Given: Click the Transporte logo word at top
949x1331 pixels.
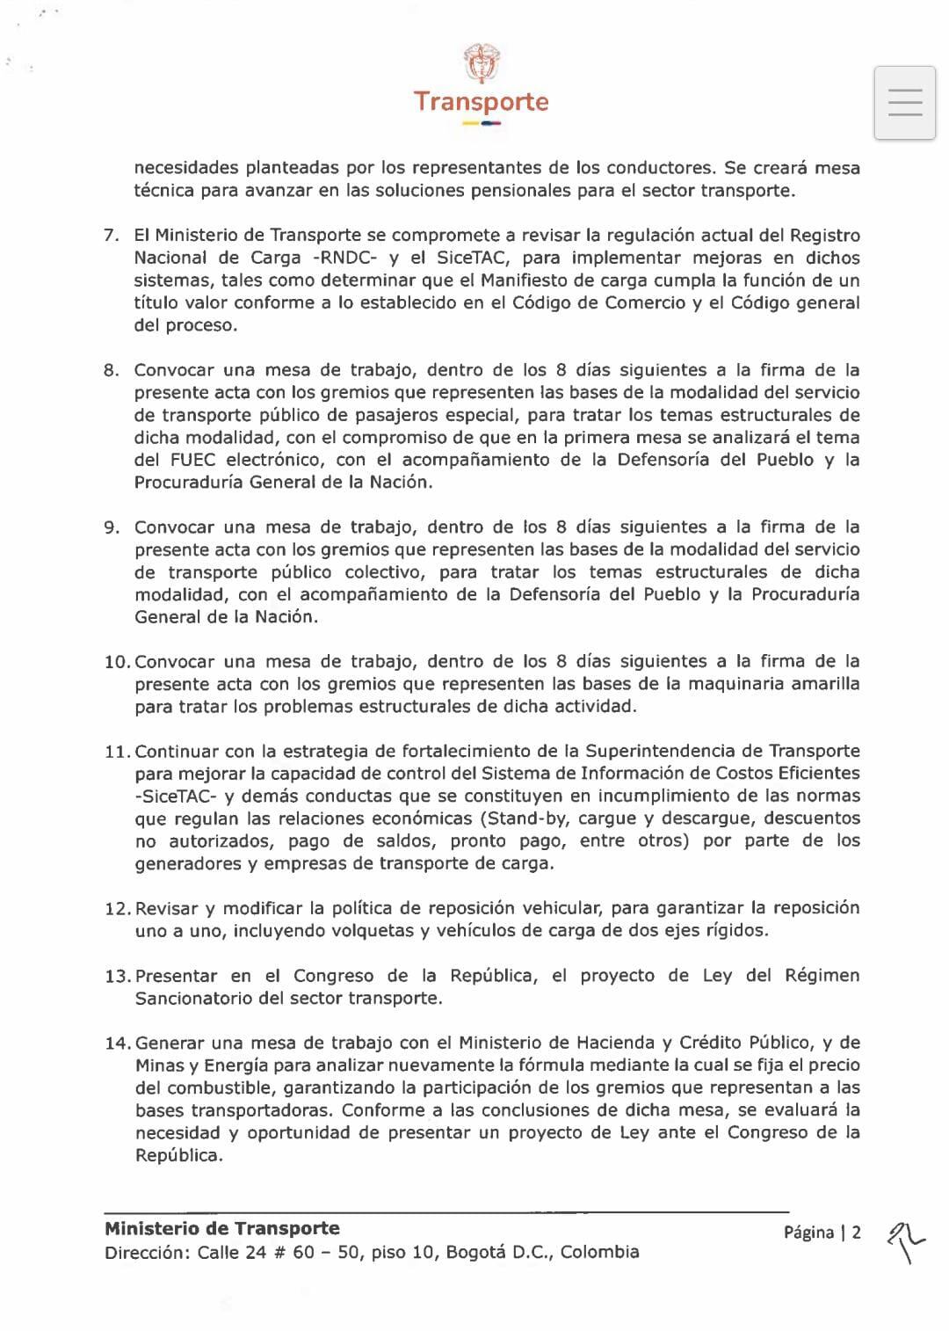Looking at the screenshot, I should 481,102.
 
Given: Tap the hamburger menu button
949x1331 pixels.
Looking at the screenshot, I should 904,102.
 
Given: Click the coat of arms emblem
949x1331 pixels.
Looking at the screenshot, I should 481,63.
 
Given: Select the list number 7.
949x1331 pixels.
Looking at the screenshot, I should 111,236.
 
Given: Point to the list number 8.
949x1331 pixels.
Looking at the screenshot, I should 111,370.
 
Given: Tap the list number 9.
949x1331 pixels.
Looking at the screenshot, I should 111,527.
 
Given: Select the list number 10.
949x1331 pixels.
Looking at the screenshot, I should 116,662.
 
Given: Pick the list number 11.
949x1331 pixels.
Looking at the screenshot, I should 116,752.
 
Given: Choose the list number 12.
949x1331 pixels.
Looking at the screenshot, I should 116,908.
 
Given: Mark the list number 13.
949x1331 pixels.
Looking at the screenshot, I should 116,976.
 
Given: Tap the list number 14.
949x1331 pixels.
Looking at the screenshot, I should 116,1044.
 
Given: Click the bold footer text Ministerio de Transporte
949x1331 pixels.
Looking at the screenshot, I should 221,1228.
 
